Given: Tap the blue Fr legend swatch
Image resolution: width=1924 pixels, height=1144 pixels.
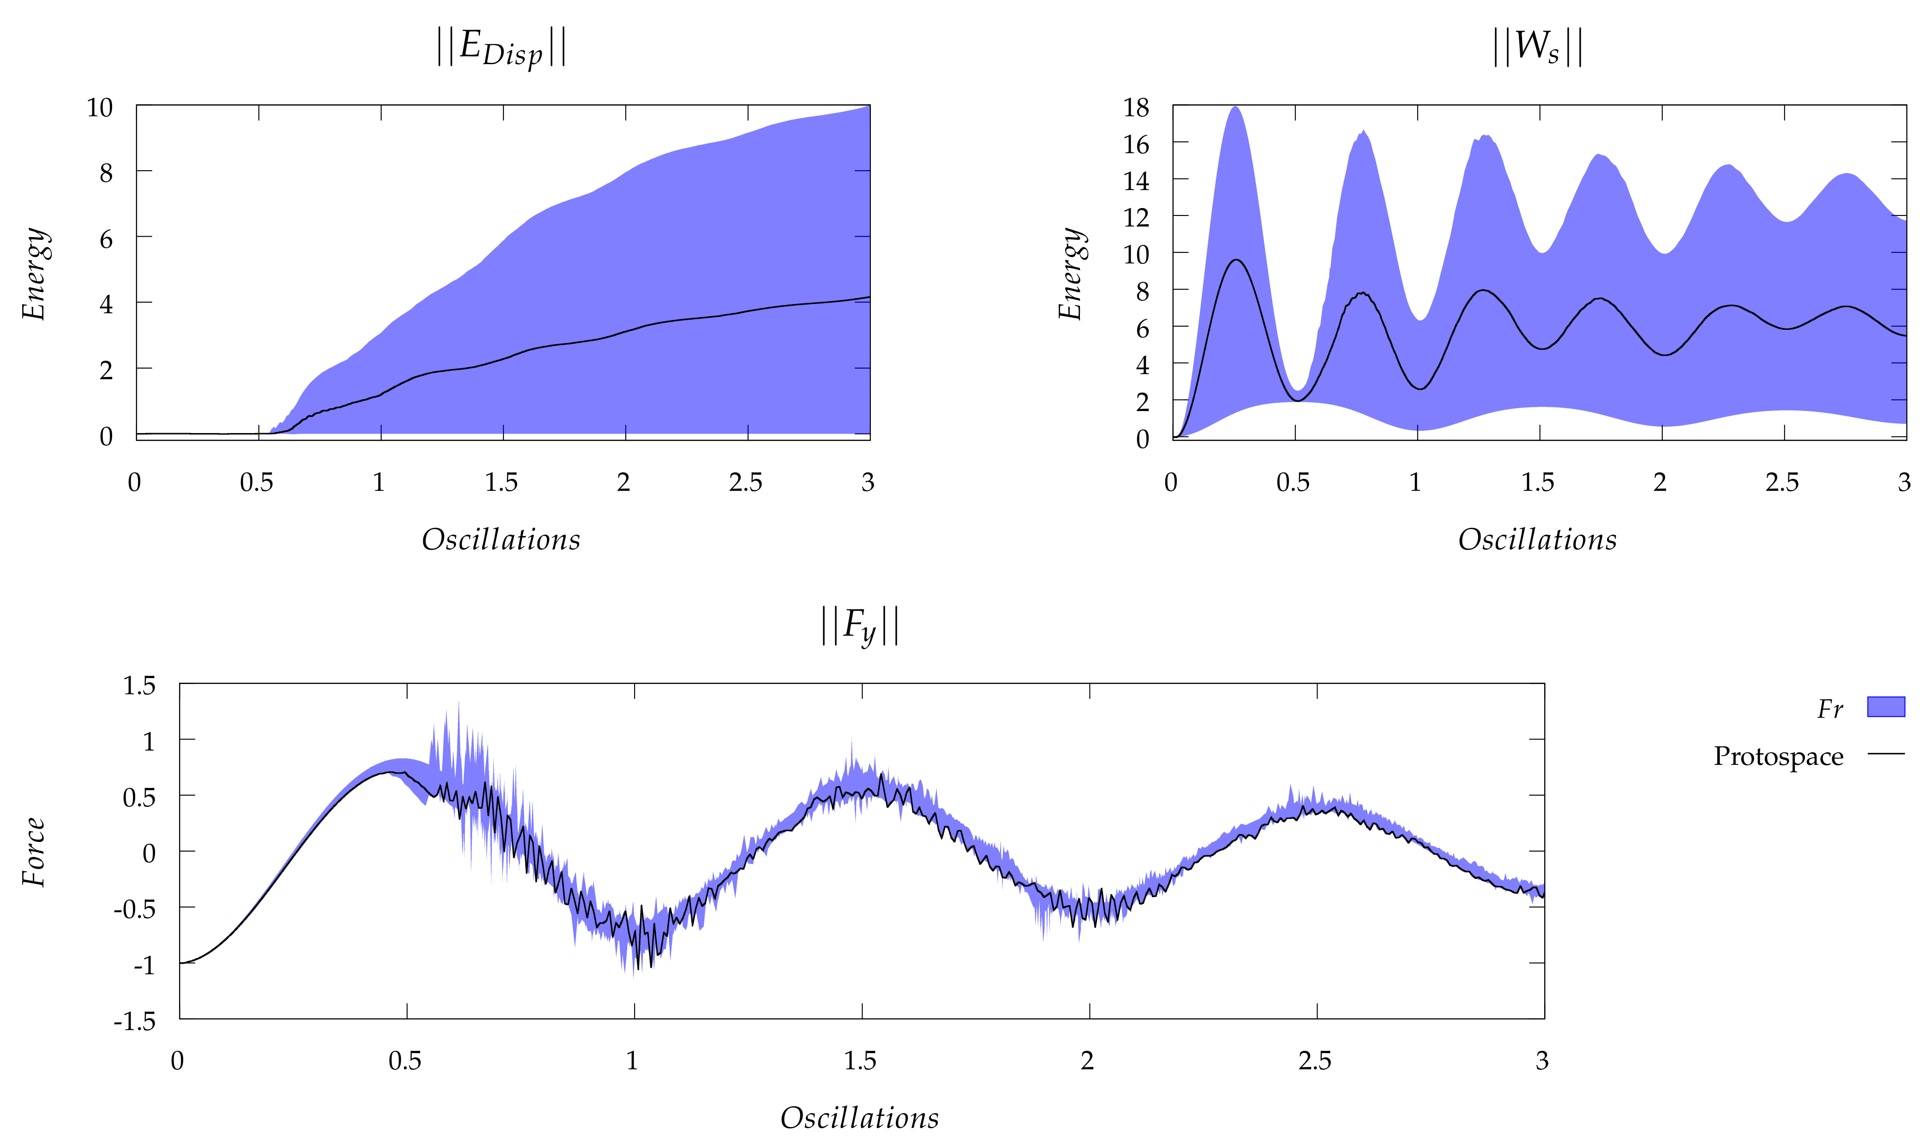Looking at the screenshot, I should pos(1885,707).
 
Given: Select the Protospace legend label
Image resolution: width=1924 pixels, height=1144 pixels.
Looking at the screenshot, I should pos(1778,756).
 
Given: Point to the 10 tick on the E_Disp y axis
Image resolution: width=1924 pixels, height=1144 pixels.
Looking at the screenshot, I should pos(100,108).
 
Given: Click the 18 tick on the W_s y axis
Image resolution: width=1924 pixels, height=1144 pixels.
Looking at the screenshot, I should pos(1136,108).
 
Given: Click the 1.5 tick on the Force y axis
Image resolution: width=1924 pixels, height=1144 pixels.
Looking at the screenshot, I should pos(139,685).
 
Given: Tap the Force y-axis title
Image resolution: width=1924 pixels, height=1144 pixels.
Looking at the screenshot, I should pos(34,852).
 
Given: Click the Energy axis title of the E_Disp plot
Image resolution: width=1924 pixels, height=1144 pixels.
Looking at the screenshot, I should pos(34,274).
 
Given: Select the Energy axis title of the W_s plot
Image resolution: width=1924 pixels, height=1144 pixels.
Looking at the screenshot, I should pos(1070,274).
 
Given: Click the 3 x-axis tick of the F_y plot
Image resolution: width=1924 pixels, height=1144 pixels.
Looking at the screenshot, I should pos(1541,1061).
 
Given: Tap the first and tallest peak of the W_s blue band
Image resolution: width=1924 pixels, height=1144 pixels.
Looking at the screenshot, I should pos(1235,108).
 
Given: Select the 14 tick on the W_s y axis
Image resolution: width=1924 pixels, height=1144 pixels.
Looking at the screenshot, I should pos(1136,181).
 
